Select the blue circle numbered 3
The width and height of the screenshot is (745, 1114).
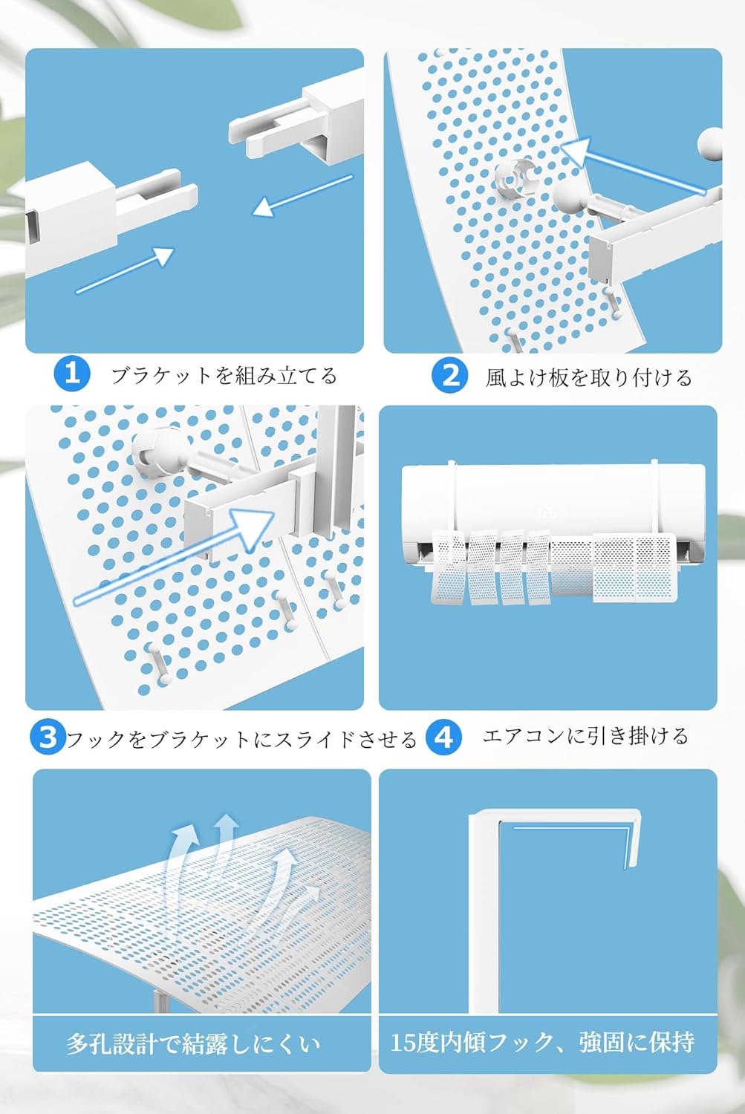(48, 737)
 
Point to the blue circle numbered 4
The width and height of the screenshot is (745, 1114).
(443, 737)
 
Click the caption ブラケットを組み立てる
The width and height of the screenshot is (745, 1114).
(224, 376)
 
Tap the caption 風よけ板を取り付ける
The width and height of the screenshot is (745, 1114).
(589, 377)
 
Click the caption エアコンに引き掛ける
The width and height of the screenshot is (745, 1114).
(585, 735)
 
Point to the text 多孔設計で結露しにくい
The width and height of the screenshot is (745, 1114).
(193, 1043)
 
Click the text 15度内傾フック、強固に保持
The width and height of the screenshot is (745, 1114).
(542, 1042)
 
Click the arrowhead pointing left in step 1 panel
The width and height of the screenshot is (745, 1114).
(264, 206)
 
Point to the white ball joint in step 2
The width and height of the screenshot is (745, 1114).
(567, 198)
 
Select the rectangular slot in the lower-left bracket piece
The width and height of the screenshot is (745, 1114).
(32, 227)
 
